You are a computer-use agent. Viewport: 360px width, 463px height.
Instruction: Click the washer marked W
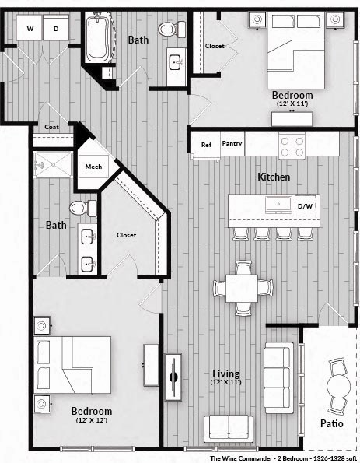pyautogui.click(x=30, y=29)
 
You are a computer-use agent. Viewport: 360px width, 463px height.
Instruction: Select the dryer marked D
pyautogui.click(x=55, y=29)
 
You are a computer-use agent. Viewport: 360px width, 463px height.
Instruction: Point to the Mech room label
pyautogui.click(x=93, y=167)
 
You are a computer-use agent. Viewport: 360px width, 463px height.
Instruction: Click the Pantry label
pyautogui.click(x=232, y=144)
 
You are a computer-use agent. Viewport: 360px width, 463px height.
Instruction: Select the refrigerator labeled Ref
pyautogui.click(x=206, y=145)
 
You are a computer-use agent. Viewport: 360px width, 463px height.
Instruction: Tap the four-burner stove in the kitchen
pyautogui.click(x=292, y=146)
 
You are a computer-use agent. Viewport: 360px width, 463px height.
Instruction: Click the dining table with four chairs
pyautogui.click(x=244, y=288)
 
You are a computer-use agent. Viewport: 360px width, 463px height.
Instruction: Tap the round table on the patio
pyautogui.click(x=338, y=386)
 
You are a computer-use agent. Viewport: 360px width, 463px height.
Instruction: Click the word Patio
pyautogui.click(x=334, y=424)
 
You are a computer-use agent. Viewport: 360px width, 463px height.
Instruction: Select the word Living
pyautogui.click(x=226, y=374)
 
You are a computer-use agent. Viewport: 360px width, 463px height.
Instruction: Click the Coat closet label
pyautogui.click(x=52, y=127)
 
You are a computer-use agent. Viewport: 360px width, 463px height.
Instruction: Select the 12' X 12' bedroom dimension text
pyautogui.click(x=92, y=421)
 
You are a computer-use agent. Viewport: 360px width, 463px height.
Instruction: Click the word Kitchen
pyautogui.click(x=274, y=177)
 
